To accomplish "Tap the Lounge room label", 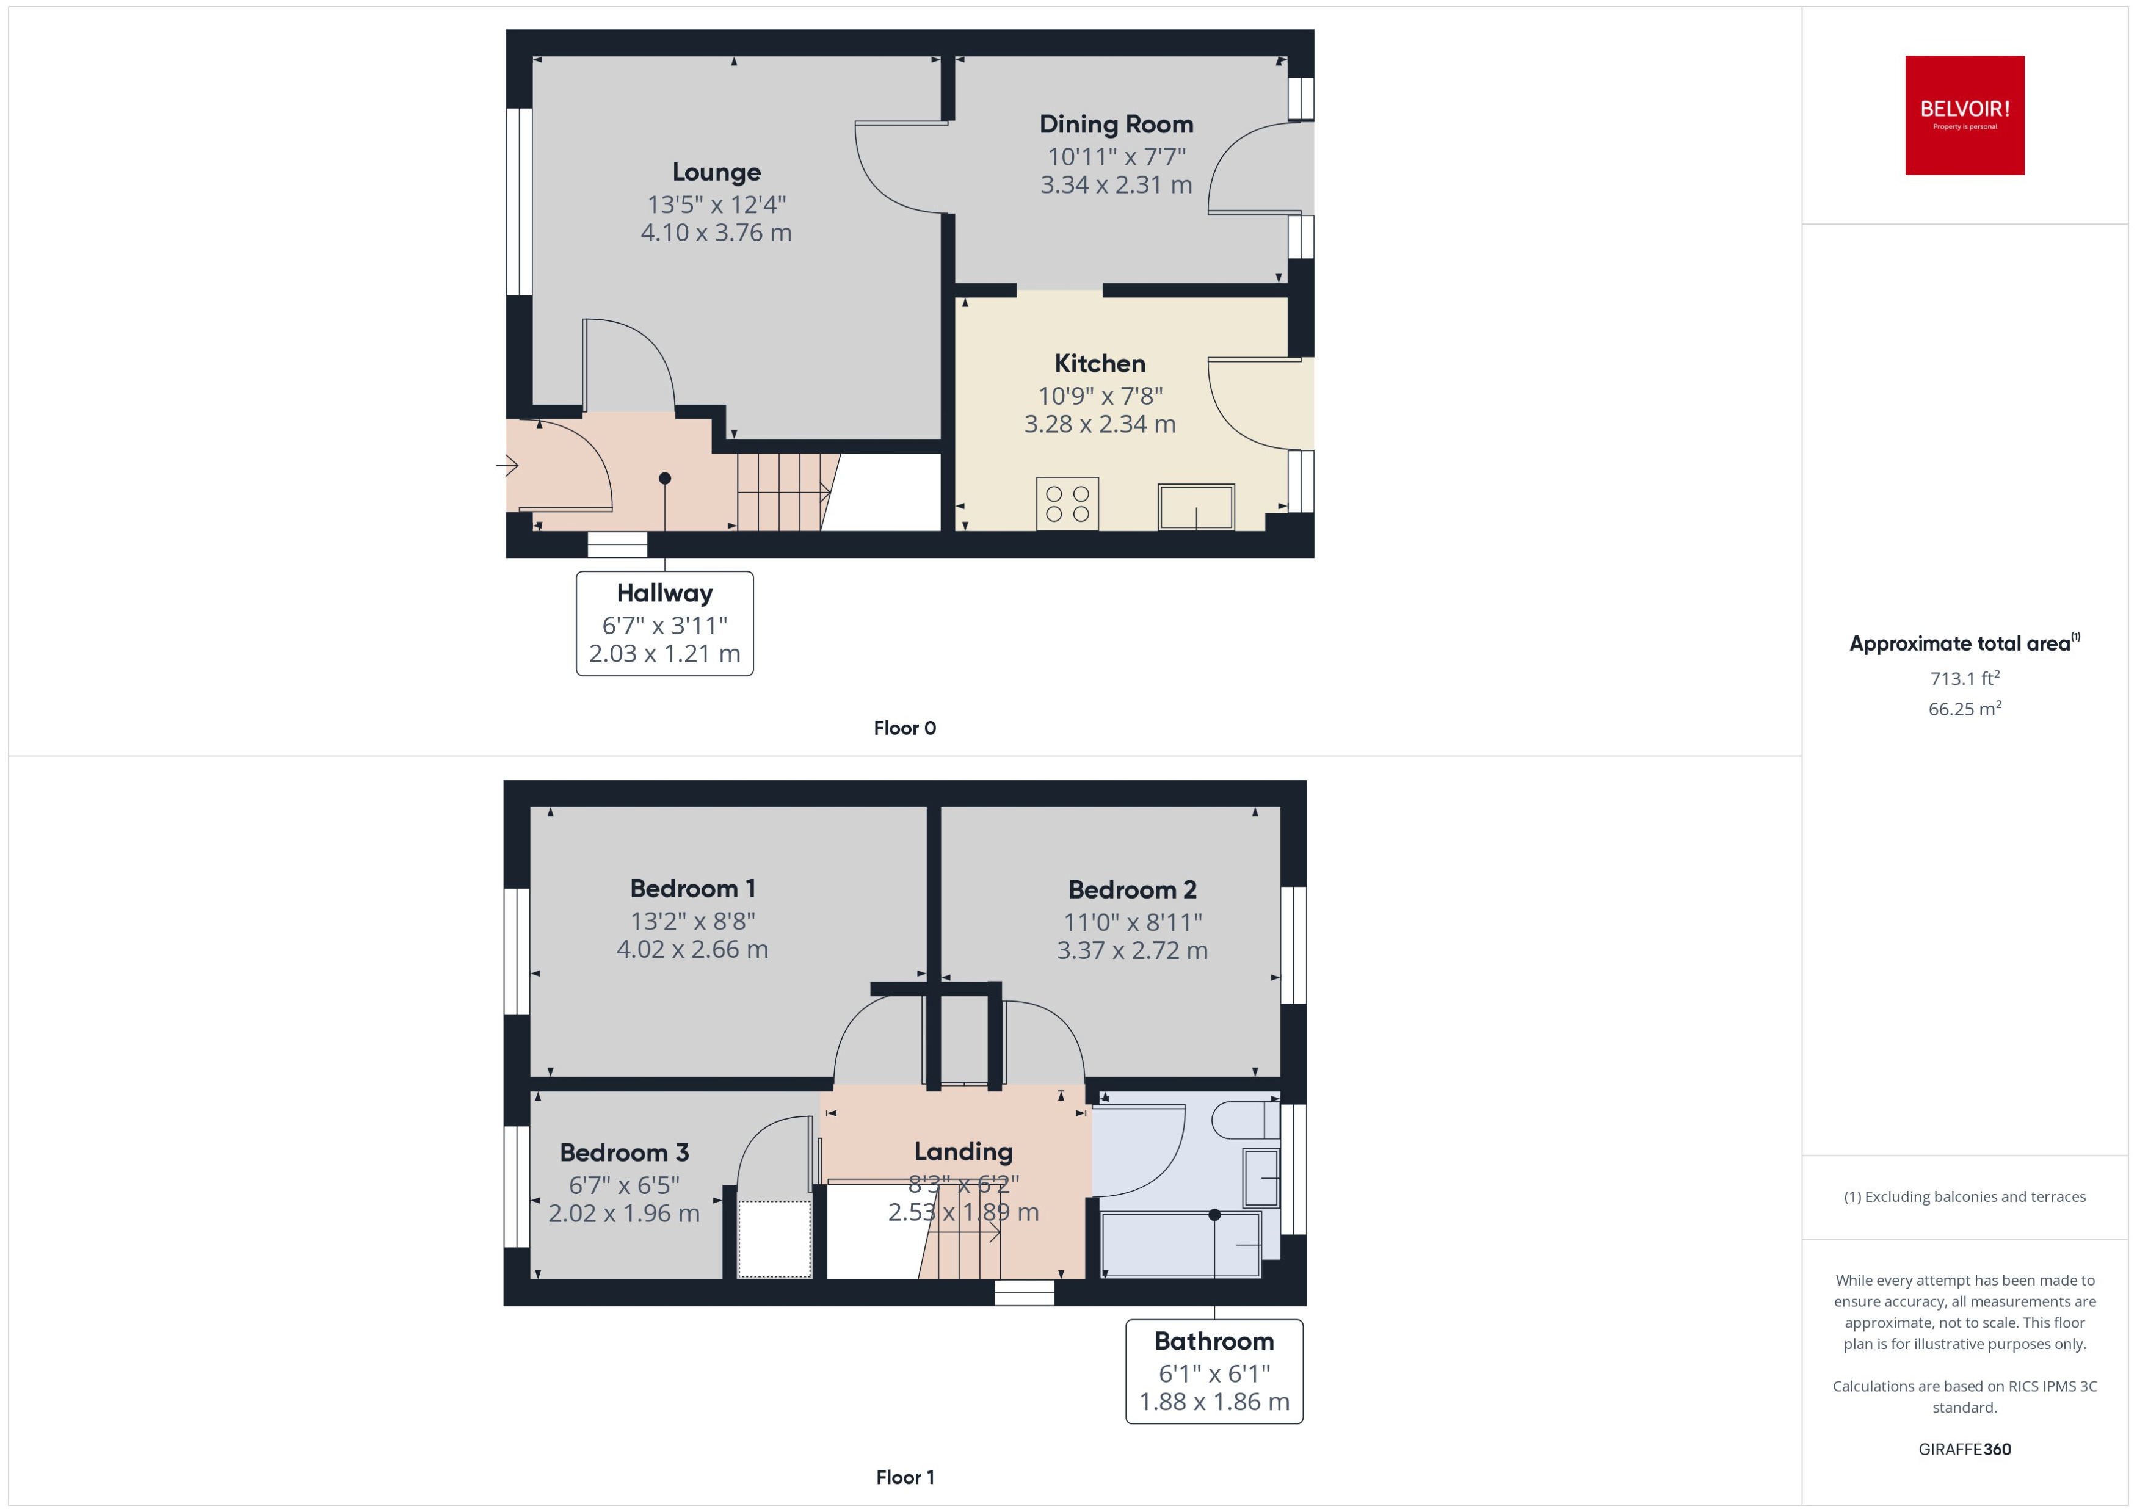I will [x=716, y=172].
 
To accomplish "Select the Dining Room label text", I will [x=1116, y=124].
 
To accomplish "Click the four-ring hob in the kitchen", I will [x=1067, y=504].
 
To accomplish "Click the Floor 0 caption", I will [x=904, y=728].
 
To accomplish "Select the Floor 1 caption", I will [x=904, y=1477].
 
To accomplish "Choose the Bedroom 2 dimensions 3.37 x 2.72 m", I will [x=1131, y=950].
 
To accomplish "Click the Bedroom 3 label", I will [x=624, y=1152].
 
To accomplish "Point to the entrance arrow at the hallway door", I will [x=507, y=464].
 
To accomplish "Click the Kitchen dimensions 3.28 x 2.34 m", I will [x=1099, y=425].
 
